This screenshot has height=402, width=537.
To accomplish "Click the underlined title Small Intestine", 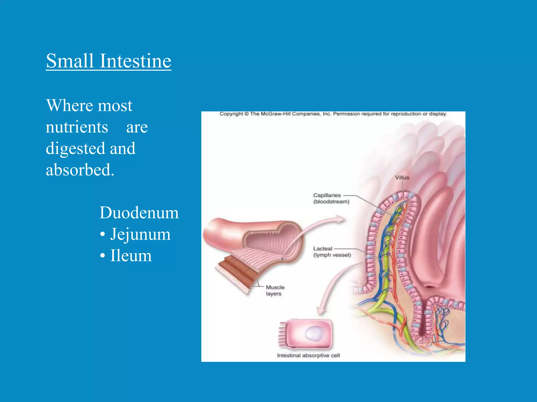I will click(x=109, y=61).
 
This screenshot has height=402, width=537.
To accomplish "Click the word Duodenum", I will click(x=139, y=213).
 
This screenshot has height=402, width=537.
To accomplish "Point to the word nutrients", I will click(x=77, y=127).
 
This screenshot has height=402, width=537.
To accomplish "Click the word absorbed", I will click(x=80, y=170).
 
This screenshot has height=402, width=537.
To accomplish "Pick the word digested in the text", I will click(x=75, y=149).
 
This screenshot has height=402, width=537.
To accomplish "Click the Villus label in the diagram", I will click(x=402, y=178).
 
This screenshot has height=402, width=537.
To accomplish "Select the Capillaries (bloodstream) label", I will click(x=331, y=198).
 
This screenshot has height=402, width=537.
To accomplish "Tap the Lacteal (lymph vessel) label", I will click(x=332, y=252).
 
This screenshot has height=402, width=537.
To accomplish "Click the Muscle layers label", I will click(x=275, y=291).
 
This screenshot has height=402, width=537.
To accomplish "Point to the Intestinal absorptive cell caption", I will click(x=308, y=355).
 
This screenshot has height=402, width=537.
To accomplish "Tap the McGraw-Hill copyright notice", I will click(x=333, y=114).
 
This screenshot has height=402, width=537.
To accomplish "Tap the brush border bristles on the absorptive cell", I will click(x=282, y=334).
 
